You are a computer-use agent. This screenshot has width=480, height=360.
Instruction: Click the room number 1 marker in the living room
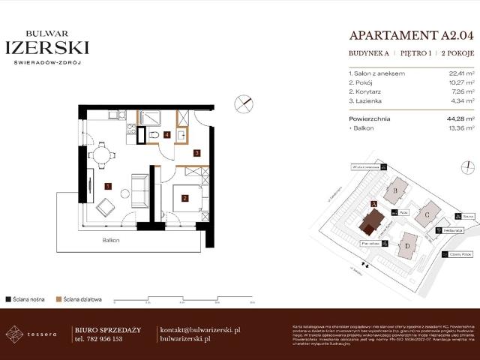(108, 185)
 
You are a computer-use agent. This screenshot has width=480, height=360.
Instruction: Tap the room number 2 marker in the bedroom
(184, 199)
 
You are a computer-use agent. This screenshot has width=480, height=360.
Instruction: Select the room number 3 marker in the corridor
(196, 153)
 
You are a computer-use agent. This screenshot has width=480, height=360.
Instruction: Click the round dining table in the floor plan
(101, 156)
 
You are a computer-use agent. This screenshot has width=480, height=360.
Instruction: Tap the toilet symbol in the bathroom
(154, 134)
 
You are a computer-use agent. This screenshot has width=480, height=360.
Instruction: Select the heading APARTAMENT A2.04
(412, 34)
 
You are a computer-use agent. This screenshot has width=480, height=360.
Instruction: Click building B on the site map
(395, 190)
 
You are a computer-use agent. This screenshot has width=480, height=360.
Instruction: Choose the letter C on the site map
(427, 214)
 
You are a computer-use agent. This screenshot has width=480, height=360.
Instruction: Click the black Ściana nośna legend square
(8, 298)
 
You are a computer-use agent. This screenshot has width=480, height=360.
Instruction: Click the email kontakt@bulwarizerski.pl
(200, 329)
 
